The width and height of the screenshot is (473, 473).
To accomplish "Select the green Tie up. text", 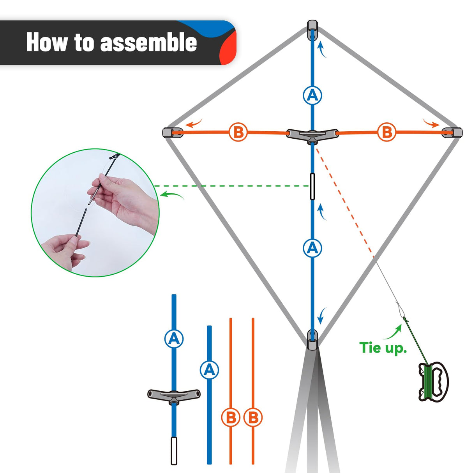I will click(383, 348).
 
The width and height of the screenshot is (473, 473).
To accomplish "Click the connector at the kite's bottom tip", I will click(312, 339).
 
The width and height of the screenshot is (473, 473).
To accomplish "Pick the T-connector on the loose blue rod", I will click(174, 395).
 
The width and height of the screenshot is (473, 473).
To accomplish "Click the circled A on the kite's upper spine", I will click(312, 95).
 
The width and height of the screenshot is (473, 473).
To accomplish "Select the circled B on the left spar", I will click(238, 132).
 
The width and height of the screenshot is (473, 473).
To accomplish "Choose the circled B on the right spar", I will click(387, 132).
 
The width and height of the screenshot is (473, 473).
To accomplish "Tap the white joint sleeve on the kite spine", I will click(312, 187).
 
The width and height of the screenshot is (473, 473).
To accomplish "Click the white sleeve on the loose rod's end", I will click(174, 450).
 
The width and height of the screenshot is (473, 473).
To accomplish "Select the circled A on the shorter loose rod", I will click(209, 369).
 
